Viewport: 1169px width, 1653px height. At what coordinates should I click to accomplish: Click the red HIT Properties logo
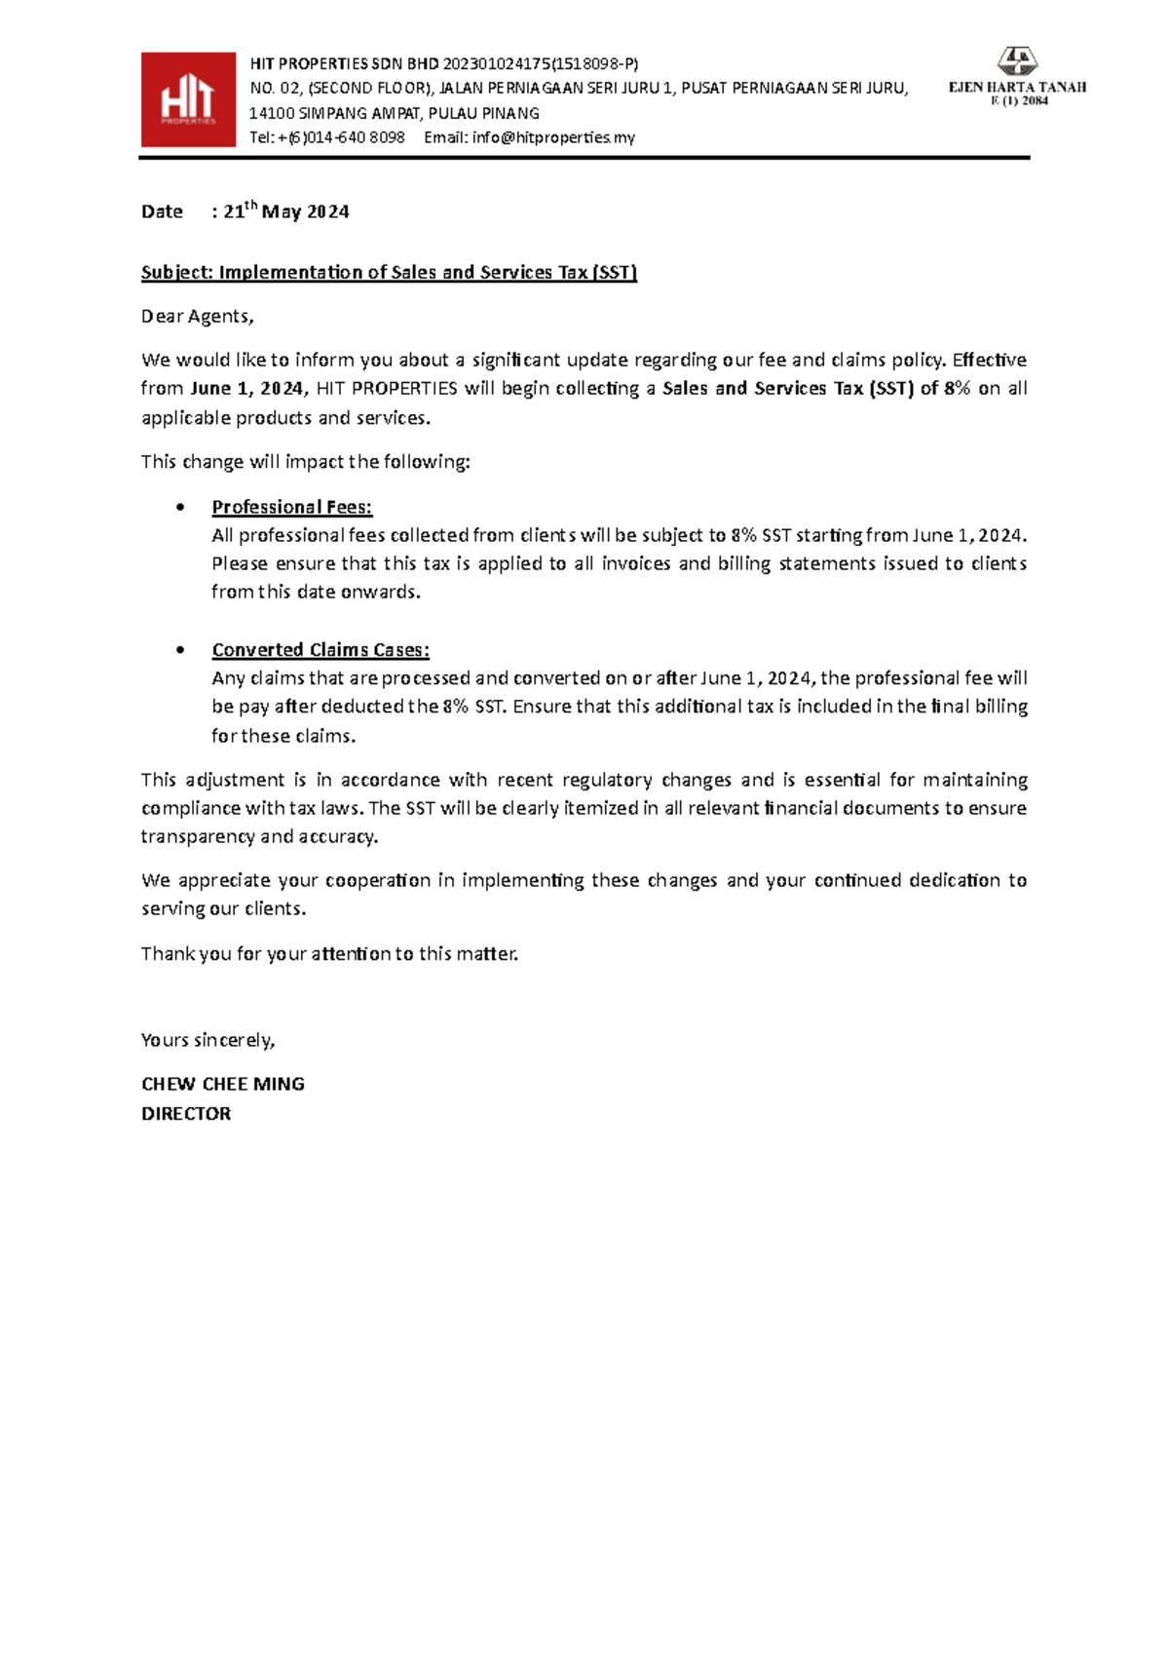188,99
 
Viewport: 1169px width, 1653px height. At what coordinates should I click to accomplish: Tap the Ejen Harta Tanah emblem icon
1018,61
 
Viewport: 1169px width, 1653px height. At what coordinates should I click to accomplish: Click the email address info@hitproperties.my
553,137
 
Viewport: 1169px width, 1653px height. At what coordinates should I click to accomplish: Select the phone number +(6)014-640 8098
341,137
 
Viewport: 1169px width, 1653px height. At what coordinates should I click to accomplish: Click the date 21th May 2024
285,211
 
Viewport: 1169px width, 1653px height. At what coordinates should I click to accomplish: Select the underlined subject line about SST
389,273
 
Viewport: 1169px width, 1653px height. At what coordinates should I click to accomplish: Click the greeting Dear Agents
197,317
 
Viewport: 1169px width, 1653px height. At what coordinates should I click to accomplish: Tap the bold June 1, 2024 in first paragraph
248,389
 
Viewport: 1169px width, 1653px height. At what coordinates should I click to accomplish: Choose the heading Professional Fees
291,507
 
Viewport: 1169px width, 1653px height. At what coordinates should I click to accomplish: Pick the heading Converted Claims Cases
321,650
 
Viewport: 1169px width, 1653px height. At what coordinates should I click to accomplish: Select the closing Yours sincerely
207,1041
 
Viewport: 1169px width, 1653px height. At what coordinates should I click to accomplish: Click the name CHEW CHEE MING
223,1085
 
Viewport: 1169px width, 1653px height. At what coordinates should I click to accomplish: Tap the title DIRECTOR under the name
186,1114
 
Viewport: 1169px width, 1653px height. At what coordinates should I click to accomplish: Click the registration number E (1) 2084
1019,101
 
